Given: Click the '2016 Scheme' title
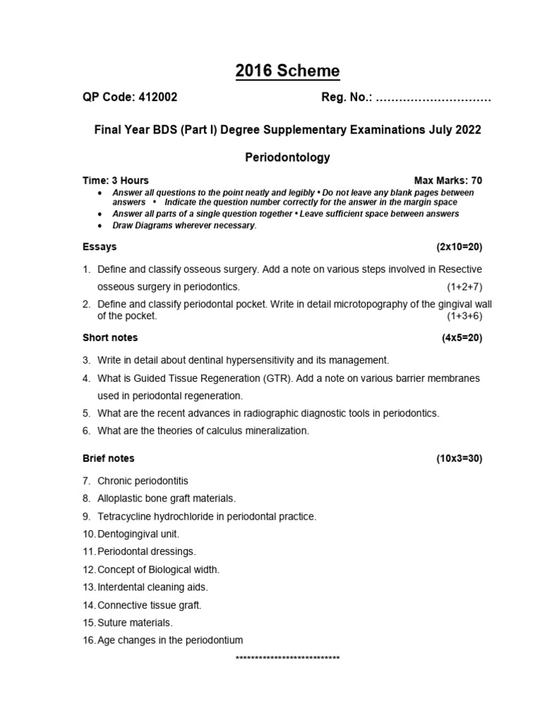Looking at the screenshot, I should [287, 71].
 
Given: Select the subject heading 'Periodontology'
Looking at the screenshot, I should [287, 157].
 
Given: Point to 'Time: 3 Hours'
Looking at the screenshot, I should [115, 181].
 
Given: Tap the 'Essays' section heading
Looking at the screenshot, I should [100, 247].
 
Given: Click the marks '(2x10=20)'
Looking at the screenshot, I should [459, 247].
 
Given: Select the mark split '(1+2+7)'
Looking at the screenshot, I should [464, 287].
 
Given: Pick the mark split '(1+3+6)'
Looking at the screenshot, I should [464, 316].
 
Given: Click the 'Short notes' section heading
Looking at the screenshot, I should [110, 337].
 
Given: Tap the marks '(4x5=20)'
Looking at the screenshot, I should [462, 337].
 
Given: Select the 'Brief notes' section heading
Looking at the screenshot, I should [108, 458].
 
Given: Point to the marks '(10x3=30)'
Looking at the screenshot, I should [459, 458].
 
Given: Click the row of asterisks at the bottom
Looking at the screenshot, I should [288, 659].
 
